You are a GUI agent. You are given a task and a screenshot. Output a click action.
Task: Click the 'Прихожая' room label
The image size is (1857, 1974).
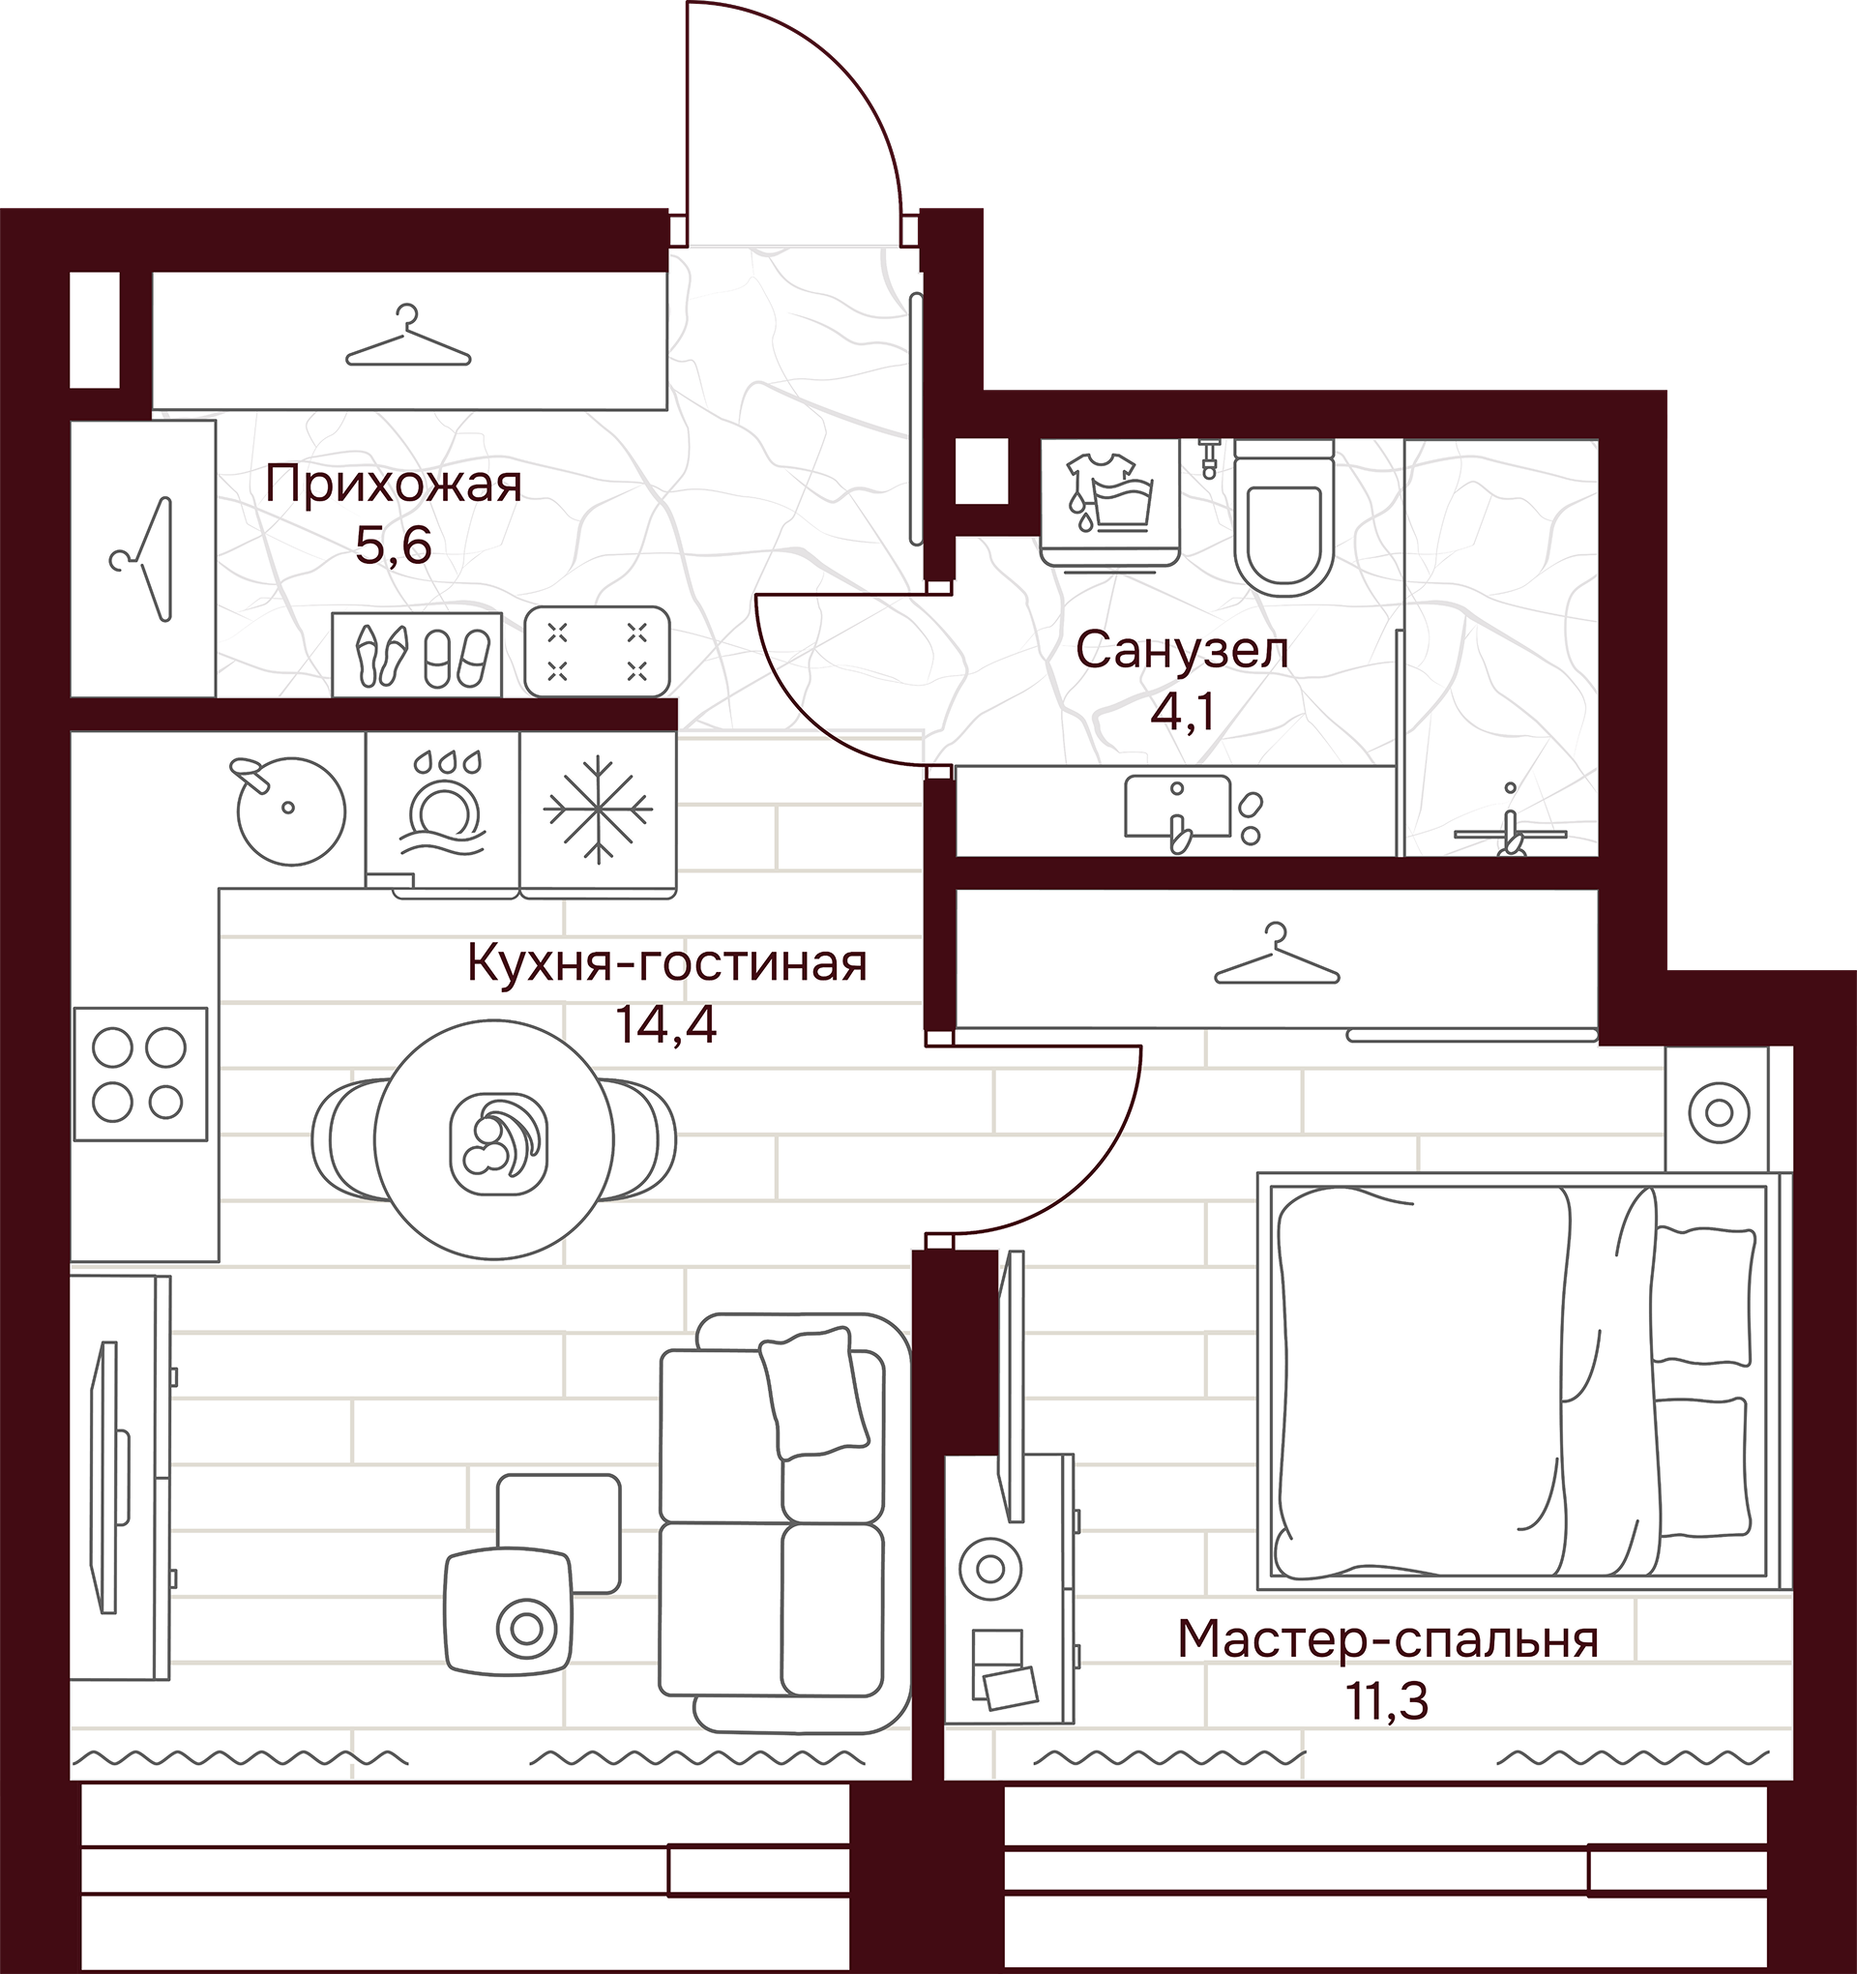click(394, 486)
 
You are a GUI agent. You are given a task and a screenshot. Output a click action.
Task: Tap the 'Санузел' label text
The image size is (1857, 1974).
click(1182, 651)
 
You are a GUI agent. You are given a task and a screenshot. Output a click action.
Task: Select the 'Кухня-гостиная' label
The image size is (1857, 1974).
click(667, 962)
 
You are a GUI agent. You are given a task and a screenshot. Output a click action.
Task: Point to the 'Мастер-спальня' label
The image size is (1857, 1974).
click(1388, 1638)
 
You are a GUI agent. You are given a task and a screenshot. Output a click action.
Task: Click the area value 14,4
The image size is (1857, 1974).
click(666, 1025)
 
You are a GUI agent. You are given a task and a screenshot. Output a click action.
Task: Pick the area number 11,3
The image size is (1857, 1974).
click(1387, 1702)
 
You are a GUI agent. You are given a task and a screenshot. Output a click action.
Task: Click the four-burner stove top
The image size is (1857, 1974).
click(140, 1074)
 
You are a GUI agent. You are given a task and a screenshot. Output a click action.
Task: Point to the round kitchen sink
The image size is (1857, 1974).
click(290, 809)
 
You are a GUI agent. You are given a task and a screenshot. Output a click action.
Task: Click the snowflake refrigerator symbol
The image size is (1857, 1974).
click(598, 810)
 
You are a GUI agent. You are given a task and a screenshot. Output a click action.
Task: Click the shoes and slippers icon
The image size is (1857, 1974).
click(417, 654)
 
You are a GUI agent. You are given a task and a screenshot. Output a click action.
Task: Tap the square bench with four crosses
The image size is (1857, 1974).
click(597, 651)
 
